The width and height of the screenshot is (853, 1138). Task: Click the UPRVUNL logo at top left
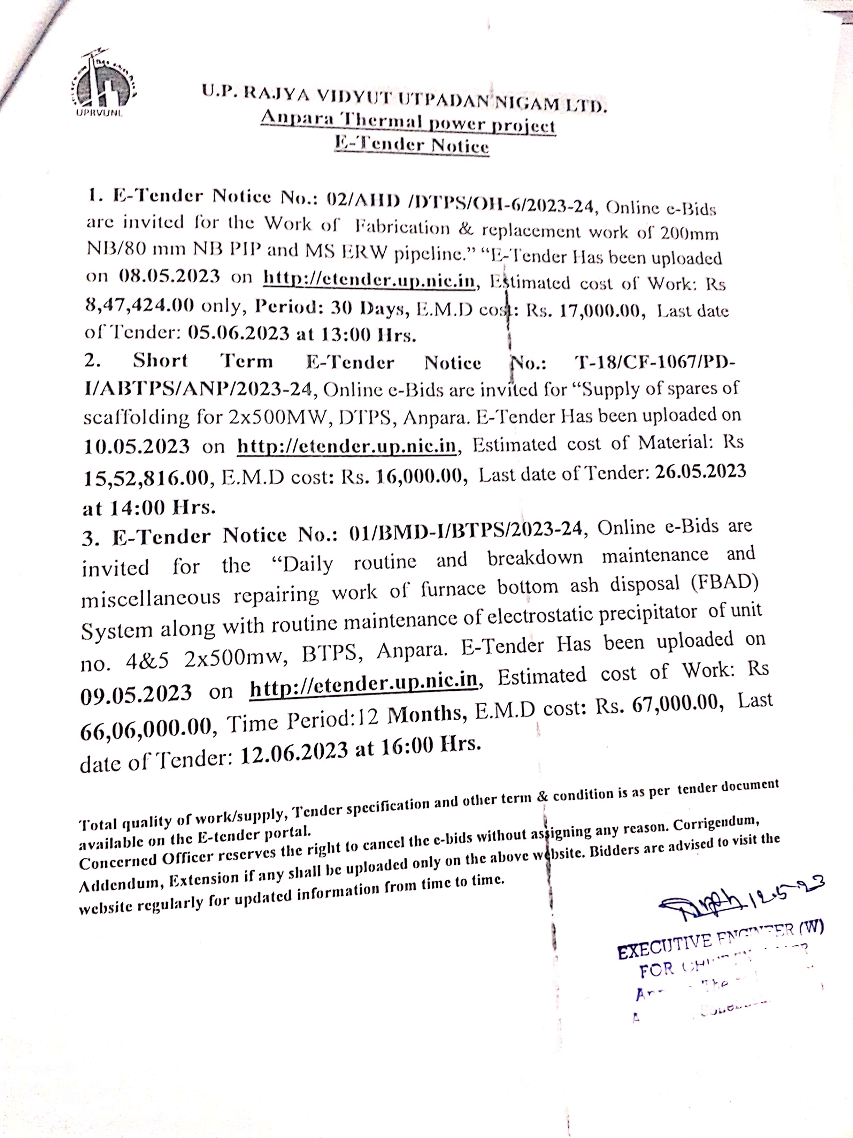[102, 82]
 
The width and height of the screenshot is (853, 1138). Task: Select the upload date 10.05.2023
[136, 446]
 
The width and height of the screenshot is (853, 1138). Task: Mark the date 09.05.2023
[136, 693]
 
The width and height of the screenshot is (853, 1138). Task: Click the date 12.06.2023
[294, 753]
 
